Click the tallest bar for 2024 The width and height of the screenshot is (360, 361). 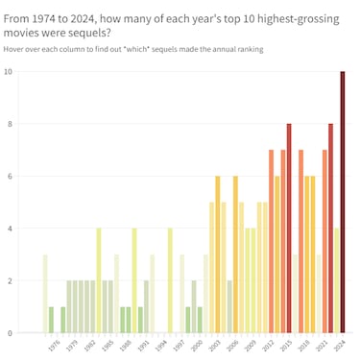tap(343, 202)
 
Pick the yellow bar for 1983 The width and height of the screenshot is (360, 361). tap(99, 280)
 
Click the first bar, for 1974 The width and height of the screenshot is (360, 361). tap(45, 294)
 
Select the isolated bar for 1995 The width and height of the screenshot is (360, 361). tap(170, 280)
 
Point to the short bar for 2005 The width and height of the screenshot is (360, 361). tap(229, 306)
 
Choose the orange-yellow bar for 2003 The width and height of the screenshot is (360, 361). tap(218, 254)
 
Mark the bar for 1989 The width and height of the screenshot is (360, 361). tap(134, 280)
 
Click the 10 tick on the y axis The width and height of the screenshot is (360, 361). tap(8, 71)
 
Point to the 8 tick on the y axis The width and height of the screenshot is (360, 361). tap(10, 124)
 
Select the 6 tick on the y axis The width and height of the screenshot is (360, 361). tap(10, 176)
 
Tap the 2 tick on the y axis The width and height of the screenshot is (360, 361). tap(10, 280)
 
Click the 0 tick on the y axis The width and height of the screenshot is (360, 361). tap(10, 333)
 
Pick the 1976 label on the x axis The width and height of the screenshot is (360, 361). tap(54, 345)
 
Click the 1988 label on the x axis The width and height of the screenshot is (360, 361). tap(125, 345)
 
